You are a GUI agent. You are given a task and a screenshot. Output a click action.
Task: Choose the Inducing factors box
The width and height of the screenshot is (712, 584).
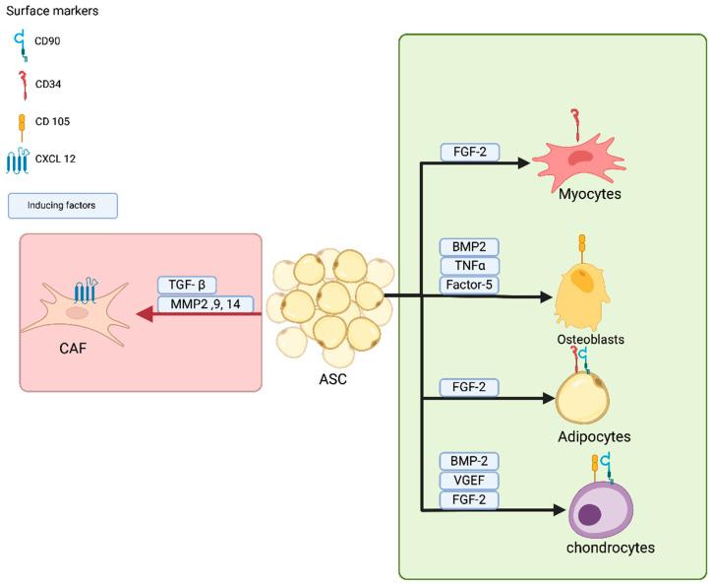tap(63, 206)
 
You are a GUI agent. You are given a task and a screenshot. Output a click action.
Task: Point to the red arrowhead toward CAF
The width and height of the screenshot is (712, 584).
tap(145, 315)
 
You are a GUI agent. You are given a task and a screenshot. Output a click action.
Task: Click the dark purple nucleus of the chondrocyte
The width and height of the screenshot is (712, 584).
tap(590, 514)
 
